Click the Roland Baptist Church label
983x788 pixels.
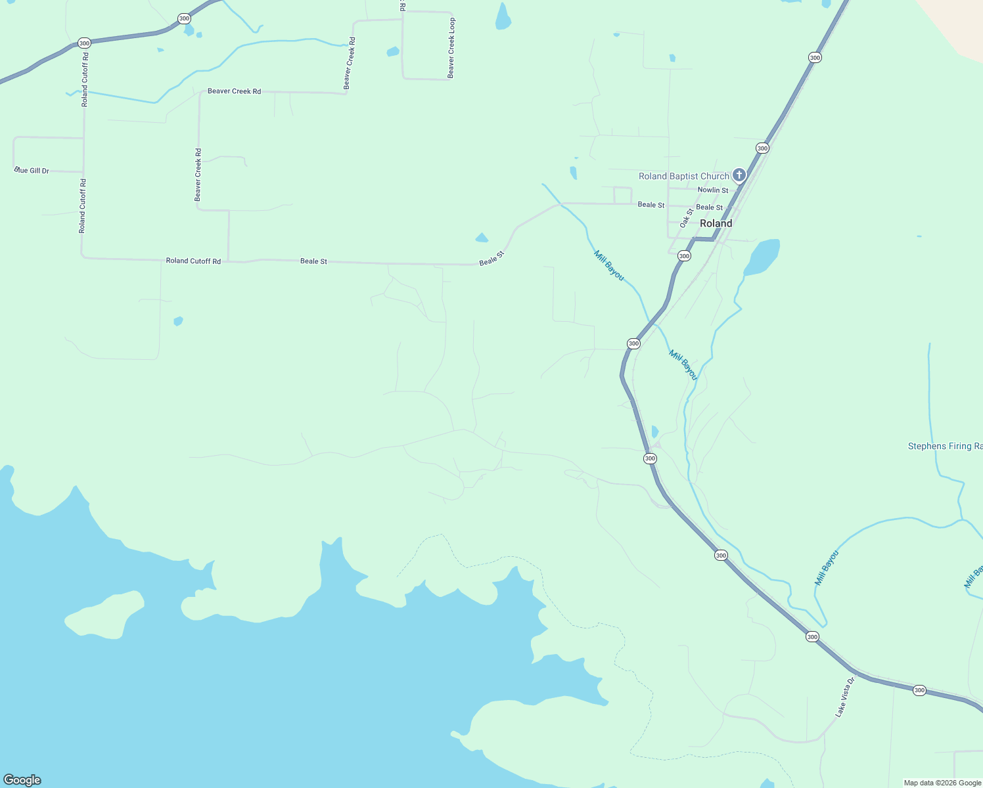pos(683,176)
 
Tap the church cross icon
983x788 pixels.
pos(739,175)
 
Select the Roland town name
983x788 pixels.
pos(716,223)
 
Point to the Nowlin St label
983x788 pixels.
pos(712,190)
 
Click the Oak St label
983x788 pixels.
pos(687,218)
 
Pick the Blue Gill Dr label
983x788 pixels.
pos(32,171)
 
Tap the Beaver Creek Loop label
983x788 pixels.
pos(451,48)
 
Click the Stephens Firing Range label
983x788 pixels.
pos(945,447)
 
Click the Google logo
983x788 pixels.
pos(22,780)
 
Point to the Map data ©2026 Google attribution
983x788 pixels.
pos(942,783)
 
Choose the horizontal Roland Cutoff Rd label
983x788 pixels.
pos(193,261)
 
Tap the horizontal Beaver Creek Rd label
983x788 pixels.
pos(234,91)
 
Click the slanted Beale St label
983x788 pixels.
pos(491,258)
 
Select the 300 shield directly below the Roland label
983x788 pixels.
pos(684,256)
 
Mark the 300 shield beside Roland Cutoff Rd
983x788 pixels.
pos(84,43)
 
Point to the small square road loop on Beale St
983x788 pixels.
pos(622,195)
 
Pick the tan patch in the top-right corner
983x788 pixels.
pos(956,23)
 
